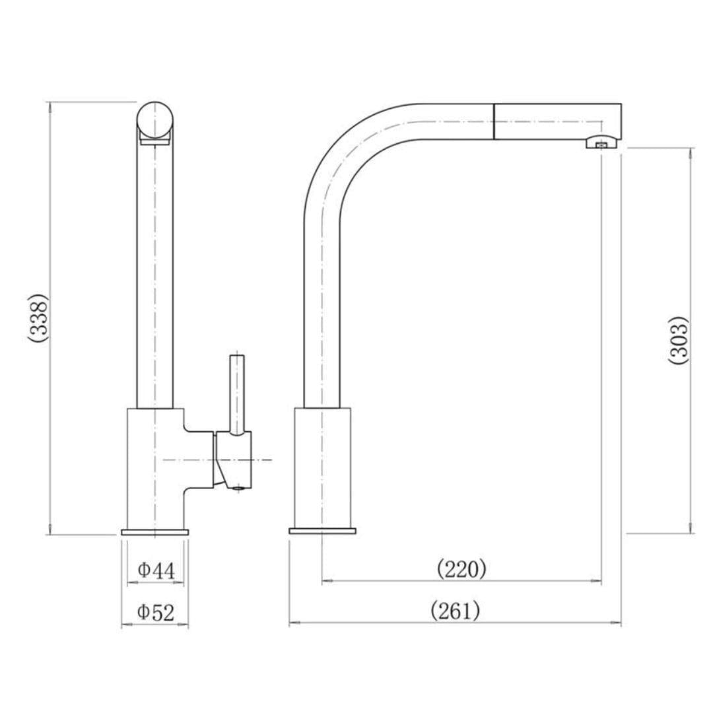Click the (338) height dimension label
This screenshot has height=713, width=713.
(38, 318)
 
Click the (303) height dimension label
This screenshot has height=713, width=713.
(679, 340)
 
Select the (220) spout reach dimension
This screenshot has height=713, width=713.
(461, 568)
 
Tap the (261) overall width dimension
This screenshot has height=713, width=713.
(455, 611)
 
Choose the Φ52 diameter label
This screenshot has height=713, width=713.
(156, 613)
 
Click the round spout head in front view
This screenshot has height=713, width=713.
(156, 121)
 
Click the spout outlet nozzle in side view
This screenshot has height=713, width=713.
(601, 143)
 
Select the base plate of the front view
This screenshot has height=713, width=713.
(155, 531)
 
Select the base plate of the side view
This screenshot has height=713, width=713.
(322, 531)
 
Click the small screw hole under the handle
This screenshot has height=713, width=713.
(240, 487)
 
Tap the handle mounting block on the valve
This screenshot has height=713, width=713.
(232, 460)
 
